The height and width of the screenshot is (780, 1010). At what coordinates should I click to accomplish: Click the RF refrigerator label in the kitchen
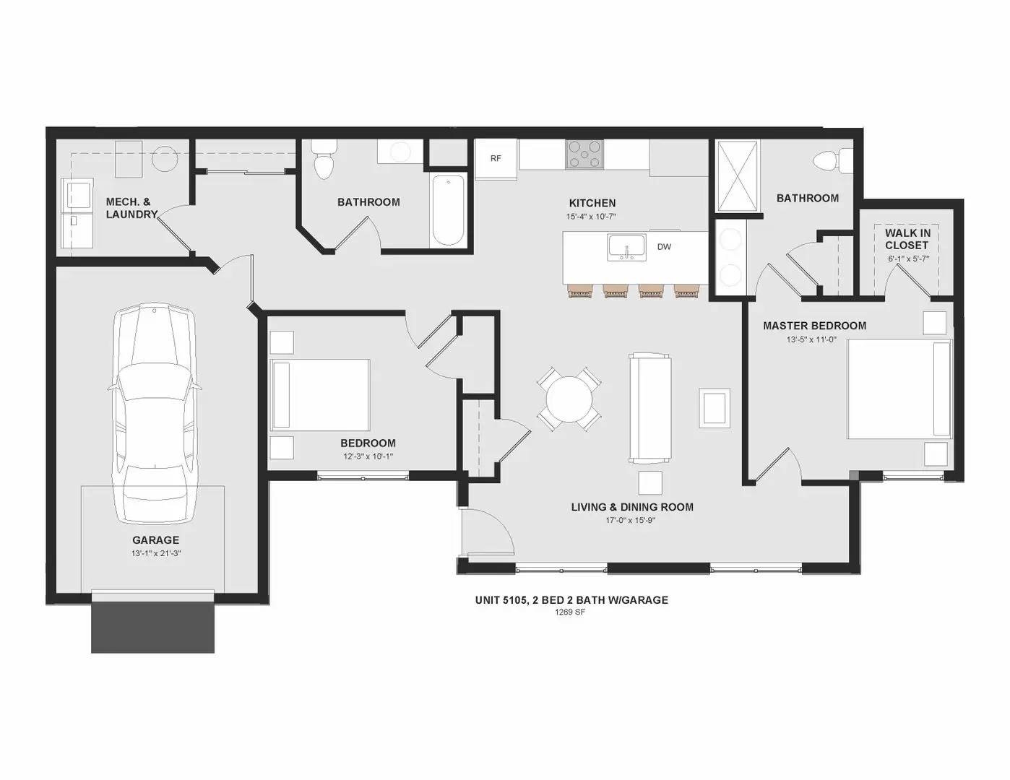[x=496, y=158]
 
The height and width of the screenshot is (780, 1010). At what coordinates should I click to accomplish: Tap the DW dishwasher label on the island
[x=664, y=247]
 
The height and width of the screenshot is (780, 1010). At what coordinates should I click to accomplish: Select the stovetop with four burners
[x=584, y=154]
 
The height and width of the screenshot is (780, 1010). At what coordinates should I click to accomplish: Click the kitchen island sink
[x=626, y=248]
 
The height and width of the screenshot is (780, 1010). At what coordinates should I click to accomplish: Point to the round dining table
[x=569, y=399]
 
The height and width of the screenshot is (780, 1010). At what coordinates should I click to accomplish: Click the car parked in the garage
[x=155, y=414]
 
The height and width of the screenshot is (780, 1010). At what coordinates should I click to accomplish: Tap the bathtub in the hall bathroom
[x=448, y=210]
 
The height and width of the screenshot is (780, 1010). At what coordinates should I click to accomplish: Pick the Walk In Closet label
[x=907, y=239]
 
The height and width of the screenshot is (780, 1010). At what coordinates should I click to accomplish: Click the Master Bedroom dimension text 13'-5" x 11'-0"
[x=811, y=339]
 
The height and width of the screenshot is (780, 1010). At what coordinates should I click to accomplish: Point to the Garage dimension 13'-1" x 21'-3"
[x=156, y=553]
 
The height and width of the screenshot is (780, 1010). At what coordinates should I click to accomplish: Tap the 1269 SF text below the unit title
[x=570, y=612]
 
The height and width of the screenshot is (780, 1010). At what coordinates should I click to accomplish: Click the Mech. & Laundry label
[x=131, y=208]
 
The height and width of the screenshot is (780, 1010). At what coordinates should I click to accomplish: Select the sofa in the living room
[x=649, y=408]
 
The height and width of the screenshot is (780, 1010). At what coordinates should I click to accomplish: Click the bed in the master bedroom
[x=899, y=389]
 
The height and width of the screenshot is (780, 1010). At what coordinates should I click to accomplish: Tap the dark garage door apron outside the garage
[x=152, y=627]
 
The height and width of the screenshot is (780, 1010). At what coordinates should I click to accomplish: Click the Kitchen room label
[x=592, y=203]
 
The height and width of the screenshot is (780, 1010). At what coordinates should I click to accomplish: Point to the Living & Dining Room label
[x=632, y=507]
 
